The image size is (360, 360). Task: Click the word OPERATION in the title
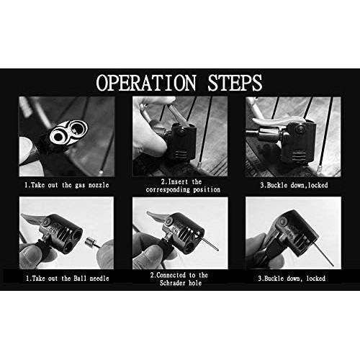pos(146,83)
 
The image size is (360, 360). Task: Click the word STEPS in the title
pos(235,83)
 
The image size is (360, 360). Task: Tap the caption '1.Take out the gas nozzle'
pos(67,185)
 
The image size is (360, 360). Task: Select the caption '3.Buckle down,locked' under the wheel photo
pos(294,185)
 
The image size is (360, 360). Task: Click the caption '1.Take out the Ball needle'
pos(68,279)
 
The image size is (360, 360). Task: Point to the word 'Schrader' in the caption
pos(173,283)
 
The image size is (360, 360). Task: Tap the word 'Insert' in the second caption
pos(178,182)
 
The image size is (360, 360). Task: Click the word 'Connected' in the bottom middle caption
pos(171,275)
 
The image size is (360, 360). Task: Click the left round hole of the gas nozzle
pos(58,137)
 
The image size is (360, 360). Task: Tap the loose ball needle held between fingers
pos(92,243)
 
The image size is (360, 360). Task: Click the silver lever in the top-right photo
pos(279,121)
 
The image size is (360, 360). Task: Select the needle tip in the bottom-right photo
pos(333,265)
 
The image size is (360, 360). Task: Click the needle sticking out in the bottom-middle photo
pos(210,243)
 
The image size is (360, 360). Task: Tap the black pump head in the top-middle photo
pos(181,143)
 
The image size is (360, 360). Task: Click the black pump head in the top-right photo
pos(297,143)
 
